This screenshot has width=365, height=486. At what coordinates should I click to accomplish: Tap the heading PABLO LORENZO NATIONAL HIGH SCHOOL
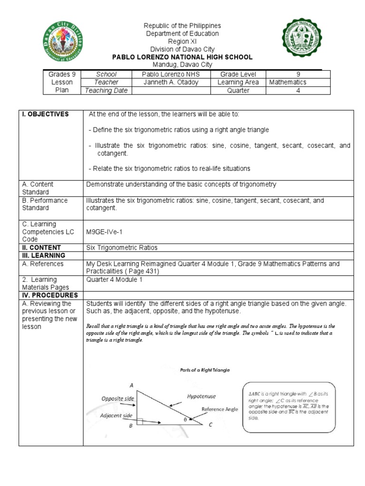(182, 57)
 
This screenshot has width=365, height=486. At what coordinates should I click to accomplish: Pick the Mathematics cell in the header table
(288, 82)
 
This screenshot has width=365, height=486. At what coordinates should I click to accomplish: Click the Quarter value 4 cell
(298, 90)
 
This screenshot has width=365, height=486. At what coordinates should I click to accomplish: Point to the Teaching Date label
(106, 90)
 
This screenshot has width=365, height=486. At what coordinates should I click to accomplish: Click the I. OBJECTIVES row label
(44, 114)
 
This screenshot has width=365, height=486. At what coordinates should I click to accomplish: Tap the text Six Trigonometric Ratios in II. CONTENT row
(122, 248)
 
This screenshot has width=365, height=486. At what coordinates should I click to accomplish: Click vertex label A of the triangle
(131, 385)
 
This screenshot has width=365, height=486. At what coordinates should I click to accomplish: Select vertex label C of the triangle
(211, 425)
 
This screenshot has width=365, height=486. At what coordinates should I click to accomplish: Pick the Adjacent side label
(116, 415)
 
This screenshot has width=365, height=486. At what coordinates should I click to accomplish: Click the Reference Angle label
(220, 409)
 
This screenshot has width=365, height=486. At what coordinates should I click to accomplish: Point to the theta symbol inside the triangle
(186, 420)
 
